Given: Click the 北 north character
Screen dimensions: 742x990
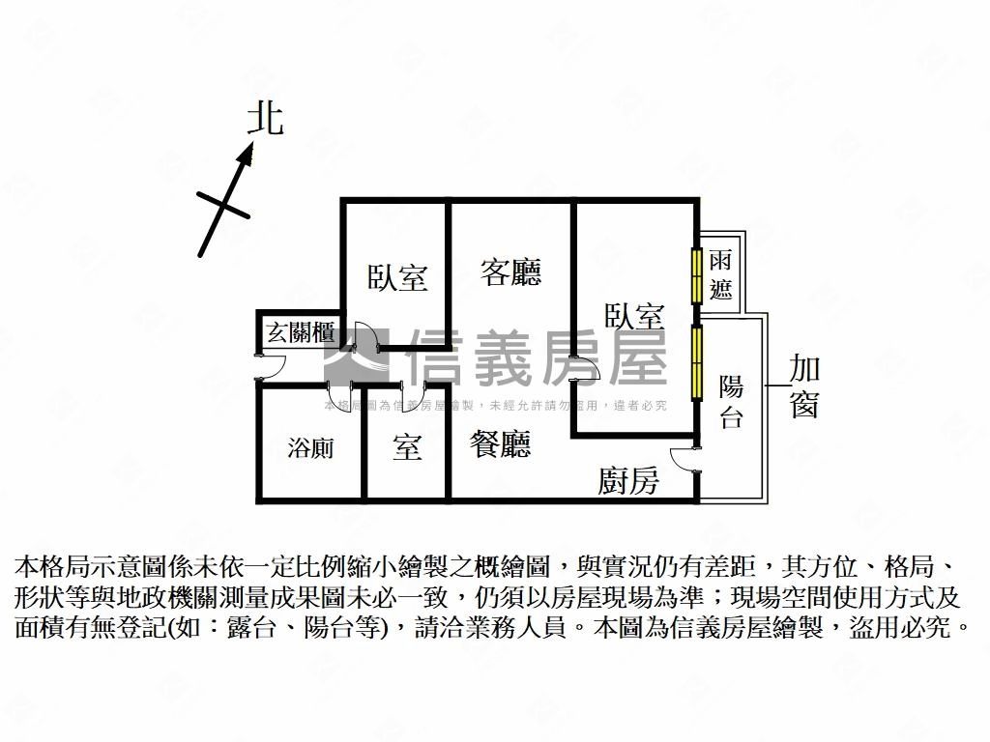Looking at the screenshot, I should click(265, 119).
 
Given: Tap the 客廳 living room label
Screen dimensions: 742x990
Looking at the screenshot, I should click(510, 272).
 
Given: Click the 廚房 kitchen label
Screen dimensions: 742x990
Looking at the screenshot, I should click(628, 480).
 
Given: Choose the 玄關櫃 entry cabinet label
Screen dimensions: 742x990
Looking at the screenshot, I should click(301, 333).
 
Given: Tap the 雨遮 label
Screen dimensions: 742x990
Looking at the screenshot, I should click(720, 274).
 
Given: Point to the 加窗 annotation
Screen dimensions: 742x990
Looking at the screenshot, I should click(804, 385).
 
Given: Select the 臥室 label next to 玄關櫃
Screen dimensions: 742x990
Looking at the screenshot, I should click(396, 277).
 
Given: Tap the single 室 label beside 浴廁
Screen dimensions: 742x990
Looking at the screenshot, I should click(407, 447).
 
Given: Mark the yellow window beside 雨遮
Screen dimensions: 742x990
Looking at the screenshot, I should click(695, 276).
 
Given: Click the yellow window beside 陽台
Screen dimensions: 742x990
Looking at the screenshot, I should click(695, 363).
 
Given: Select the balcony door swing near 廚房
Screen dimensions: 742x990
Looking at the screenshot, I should click(683, 460).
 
